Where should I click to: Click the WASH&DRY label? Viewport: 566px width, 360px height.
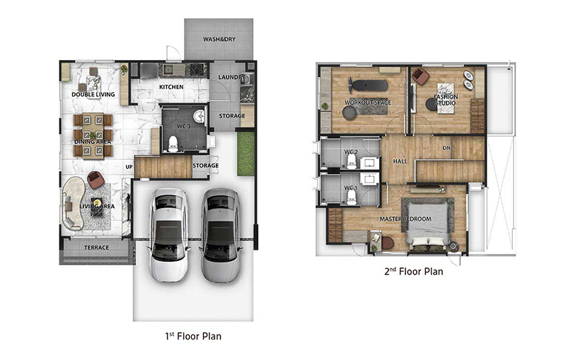point(219,39)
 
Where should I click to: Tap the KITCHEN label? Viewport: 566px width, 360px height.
point(171,87)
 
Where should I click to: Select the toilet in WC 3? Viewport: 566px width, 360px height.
point(173,143)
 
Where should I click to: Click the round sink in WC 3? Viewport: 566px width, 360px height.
point(199,116)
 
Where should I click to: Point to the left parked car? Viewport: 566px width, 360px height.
point(168,235)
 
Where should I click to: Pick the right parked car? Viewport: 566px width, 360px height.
point(221,236)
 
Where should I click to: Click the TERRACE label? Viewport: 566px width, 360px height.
point(96,248)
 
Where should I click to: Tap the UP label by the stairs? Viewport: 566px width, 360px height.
point(129,167)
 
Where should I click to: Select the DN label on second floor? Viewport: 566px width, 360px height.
point(446,148)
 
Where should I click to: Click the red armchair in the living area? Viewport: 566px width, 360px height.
point(96,179)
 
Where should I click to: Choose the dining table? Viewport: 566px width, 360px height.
point(93,135)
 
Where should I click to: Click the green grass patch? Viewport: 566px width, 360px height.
point(246,153)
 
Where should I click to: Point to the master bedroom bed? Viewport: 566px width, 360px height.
point(429,223)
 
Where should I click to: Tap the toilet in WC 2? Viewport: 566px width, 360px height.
point(351,161)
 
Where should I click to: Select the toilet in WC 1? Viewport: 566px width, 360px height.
point(351,197)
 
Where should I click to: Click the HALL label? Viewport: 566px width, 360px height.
point(400,161)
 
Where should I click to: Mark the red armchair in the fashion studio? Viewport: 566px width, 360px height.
point(420,76)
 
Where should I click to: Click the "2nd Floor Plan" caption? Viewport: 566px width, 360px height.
point(414,272)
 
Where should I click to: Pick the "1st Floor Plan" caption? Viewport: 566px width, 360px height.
point(193,336)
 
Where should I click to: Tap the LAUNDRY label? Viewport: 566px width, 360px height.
point(232,77)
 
